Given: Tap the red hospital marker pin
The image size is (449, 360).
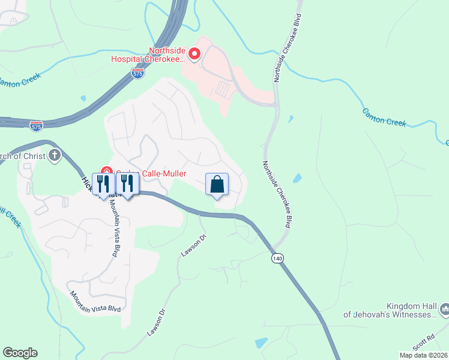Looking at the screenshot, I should pos(194,55).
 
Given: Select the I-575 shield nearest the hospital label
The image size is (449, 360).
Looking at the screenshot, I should pos(137,73).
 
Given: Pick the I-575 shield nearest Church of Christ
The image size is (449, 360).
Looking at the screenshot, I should pos(37,125).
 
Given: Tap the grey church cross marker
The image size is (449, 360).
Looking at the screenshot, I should pos(55,156).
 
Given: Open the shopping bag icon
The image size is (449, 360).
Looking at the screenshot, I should pos(217,184).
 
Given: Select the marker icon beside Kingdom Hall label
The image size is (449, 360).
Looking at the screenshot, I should pos(444,310).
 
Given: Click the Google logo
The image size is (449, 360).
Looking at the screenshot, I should pos(20,353).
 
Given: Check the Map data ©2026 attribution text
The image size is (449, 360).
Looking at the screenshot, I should pos(423,355).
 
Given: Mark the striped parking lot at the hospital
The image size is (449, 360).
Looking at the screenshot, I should pos(222,91).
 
